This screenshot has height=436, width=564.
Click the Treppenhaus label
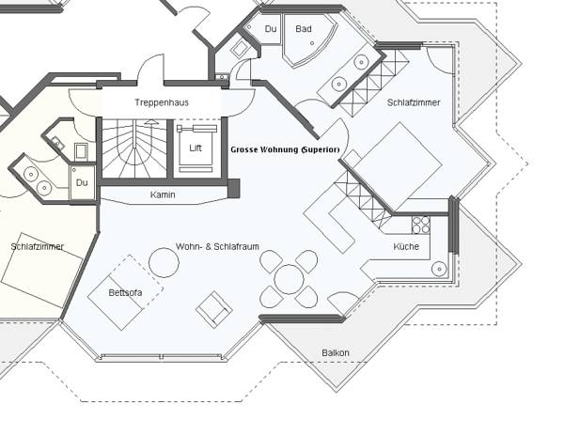(x=162, y=102)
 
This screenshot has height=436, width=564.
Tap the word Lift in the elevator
(x=196, y=148)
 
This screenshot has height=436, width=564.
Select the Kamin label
(x=163, y=195)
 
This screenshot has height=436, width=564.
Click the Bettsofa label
(x=125, y=292)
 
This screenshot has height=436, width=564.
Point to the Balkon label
(x=336, y=353)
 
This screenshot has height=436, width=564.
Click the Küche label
(x=406, y=246)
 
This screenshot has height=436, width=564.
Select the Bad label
(x=304, y=29)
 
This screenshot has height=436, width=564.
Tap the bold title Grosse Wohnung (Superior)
(x=285, y=149)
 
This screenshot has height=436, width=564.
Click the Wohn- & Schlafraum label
(x=217, y=246)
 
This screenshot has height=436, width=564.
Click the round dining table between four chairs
(x=289, y=279)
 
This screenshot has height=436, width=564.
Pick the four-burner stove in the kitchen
(x=421, y=225)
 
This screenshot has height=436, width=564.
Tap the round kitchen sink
(x=439, y=269)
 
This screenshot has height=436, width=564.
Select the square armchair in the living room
(x=214, y=310)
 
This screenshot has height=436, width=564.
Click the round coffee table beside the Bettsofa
(x=164, y=263)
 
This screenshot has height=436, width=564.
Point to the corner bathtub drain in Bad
(x=312, y=43)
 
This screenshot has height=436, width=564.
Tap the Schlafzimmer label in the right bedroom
(x=414, y=102)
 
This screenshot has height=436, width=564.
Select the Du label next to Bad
(x=271, y=29)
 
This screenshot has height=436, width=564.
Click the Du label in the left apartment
(x=82, y=182)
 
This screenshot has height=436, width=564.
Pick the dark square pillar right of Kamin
(x=233, y=188)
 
